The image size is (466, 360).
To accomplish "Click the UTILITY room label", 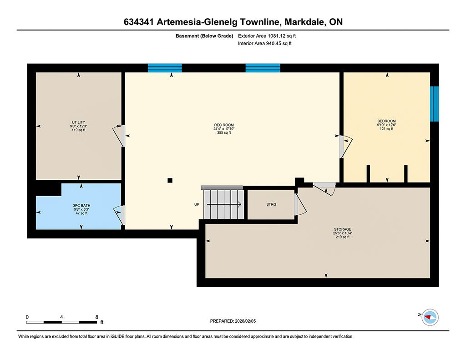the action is (x=78, y=122).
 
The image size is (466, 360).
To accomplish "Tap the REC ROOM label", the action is (x=224, y=125).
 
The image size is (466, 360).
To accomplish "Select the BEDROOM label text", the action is (x=386, y=121).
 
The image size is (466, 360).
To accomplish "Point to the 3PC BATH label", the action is (x=81, y=205).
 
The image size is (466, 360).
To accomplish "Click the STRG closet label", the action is (x=271, y=204).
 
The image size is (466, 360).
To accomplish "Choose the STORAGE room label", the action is (x=342, y=229).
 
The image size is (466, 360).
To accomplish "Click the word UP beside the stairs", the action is (x=197, y=204).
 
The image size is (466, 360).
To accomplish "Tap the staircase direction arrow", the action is (x=224, y=204).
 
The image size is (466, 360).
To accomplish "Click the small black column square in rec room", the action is (x=170, y=180).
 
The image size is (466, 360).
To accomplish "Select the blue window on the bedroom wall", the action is (x=435, y=104).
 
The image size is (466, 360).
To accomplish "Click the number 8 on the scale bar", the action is (x=96, y=317).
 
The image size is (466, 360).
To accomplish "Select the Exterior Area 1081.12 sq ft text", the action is (x=267, y=36).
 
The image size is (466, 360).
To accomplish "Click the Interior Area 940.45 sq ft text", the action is (x=265, y=43).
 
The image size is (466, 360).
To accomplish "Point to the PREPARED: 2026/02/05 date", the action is (x=233, y=321).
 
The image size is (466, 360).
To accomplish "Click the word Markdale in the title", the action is (x=304, y=22).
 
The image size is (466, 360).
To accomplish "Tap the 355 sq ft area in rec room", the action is (x=224, y=132).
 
